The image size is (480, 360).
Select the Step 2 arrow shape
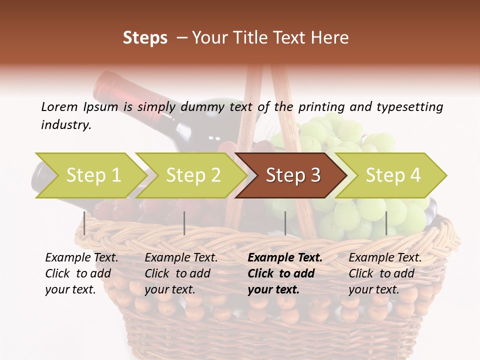[x=191, y=175]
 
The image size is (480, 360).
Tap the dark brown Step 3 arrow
[x=291, y=175]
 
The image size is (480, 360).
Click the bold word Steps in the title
[x=145, y=38]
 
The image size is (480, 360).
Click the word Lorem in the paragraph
[x=59, y=106]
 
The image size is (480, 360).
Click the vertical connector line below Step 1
[x=84, y=223]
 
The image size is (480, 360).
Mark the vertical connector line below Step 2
[x=184, y=223]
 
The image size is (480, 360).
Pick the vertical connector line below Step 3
[x=285, y=223]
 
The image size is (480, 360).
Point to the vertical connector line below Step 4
[x=386, y=223]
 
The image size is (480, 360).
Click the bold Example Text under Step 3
[x=285, y=257]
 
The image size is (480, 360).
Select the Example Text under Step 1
[x=81, y=257]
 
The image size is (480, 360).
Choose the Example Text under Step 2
[x=181, y=257]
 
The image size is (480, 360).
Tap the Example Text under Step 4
[x=385, y=257]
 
